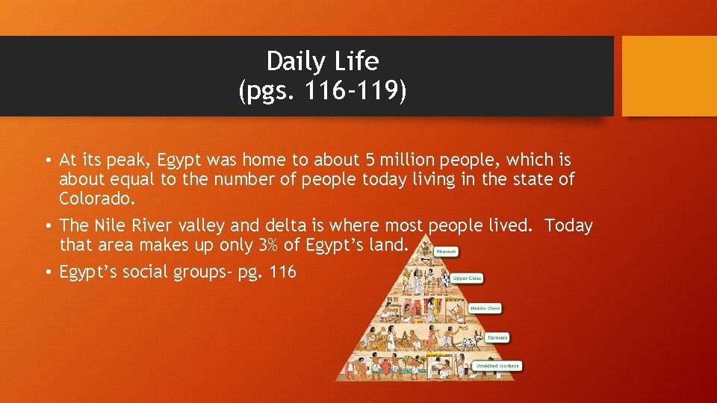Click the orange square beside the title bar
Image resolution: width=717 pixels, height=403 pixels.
668,76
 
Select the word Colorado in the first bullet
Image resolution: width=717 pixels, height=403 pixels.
97,199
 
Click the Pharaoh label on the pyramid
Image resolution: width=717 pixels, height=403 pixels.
446,252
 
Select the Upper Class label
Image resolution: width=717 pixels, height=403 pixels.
466,278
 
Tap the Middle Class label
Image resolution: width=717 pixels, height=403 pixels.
485,308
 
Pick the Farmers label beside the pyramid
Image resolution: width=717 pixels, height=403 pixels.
497,337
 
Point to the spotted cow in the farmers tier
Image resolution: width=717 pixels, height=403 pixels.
470,343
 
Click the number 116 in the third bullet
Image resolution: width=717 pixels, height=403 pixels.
282,272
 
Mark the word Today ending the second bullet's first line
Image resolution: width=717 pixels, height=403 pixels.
568,225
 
